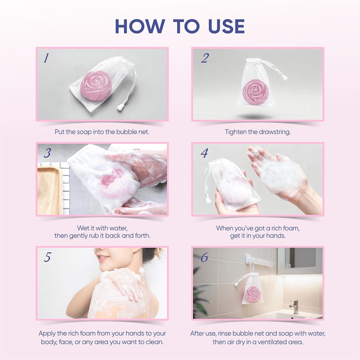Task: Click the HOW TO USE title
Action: pyautogui.click(x=180, y=26)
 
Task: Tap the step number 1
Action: pyautogui.click(x=46, y=58)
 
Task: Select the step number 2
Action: pyautogui.click(x=204, y=58)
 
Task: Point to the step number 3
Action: pyautogui.click(x=47, y=153)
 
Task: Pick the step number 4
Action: pyautogui.click(x=204, y=153)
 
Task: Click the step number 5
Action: pyautogui.click(x=48, y=257)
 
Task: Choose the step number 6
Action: pyautogui.click(x=204, y=257)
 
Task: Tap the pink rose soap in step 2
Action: pyautogui.click(x=255, y=91)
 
